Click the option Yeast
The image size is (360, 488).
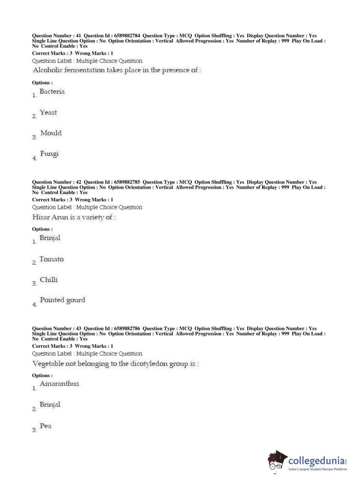click(48, 113)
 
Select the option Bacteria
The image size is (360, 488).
click(52, 92)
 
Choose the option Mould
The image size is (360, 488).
click(51, 133)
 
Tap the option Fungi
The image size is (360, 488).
click(49, 154)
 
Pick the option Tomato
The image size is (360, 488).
click(51, 259)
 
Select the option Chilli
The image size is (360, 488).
click(49, 280)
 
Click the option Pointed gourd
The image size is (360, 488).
click(63, 300)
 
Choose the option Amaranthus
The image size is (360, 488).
click(59, 384)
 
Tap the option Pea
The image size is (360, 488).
click(46, 426)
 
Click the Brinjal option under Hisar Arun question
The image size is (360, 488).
click(50, 238)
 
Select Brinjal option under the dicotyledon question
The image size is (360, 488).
click(50, 405)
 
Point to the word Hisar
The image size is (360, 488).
click(41, 217)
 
